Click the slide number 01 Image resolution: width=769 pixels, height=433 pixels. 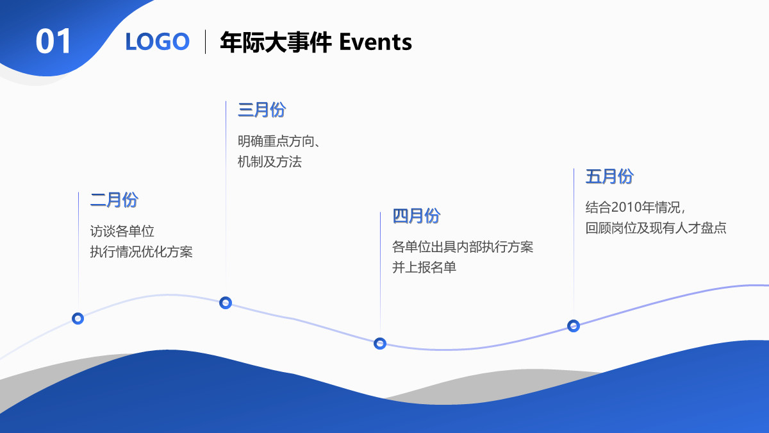click(x=54, y=42)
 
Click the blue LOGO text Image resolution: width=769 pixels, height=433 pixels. click(x=158, y=42)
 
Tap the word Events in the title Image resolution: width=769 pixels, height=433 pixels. click(x=375, y=42)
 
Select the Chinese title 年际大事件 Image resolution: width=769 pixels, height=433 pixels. click(x=276, y=42)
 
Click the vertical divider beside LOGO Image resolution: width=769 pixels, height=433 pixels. click(x=205, y=42)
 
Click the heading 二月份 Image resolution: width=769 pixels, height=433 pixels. click(x=114, y=200)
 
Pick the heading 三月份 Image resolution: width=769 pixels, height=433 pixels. click(x=261, y=110)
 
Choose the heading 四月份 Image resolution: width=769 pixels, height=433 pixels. click(x=417, y=216)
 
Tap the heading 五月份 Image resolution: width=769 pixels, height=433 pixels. click(x=609, y=176)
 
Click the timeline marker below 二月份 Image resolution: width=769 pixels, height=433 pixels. click(x=78, y=318)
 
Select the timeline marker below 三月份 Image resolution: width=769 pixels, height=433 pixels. click(x=226, y=303)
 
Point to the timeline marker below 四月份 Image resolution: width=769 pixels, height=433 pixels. click(x=380, y=344)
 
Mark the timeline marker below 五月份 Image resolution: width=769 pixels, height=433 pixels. click(x=574, y=326)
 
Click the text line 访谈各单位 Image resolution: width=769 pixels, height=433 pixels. click(x=122, y=231)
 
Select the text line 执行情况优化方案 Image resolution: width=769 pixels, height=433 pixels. click(x=141, y=251)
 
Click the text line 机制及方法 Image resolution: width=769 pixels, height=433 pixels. click(x=269, y=162)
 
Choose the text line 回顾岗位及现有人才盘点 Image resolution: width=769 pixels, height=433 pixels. click(x=656, y=228)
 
